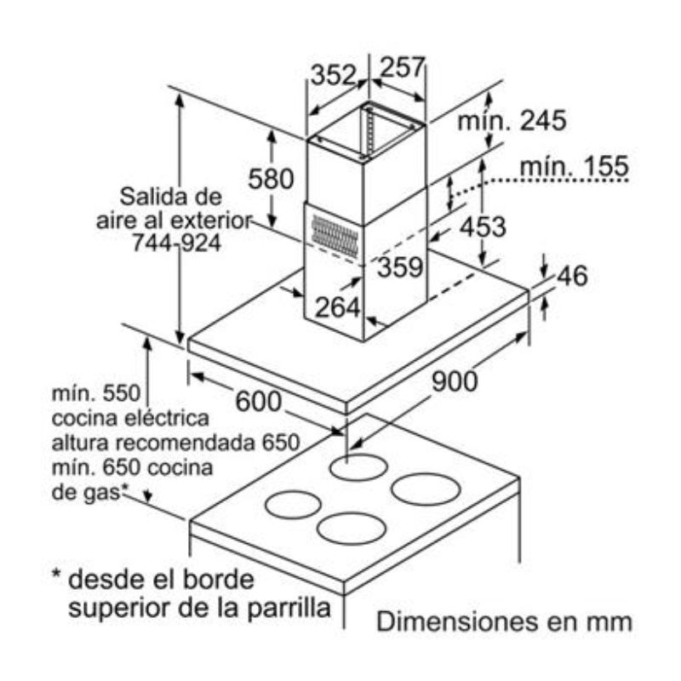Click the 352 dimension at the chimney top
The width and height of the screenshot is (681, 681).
click(x=332, y=75)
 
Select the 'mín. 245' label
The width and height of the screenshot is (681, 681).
click(x=512, y=121)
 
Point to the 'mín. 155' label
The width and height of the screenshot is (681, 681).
click(x=574, y=167)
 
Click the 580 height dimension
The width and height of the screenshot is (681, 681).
click(x=270, y=179)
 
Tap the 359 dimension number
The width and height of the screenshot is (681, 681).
click(x=399, y=268)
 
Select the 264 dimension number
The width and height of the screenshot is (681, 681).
click(x=339, y=306)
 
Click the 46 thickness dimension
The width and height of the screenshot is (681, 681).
click(x=573, y=277)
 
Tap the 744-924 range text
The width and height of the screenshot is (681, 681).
click(x=176, y=243)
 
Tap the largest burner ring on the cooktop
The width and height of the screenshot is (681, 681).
click(x=426, y=489)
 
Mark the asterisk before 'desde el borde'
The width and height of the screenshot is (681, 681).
click(x=55, y=579)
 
